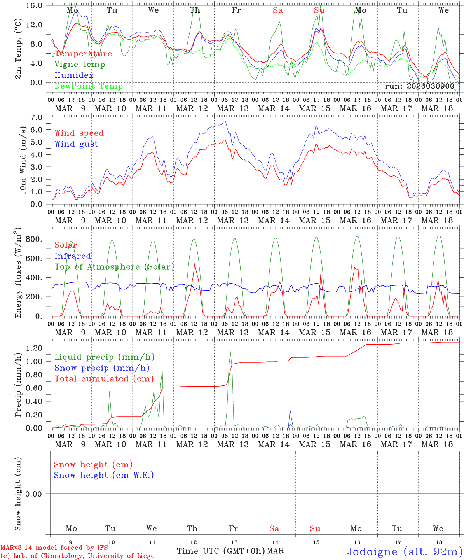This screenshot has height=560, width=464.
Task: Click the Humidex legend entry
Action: (x=74, y=75)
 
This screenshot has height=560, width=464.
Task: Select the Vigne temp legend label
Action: (x=80, y=64)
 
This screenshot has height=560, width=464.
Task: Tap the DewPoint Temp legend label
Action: (x=89, y=86)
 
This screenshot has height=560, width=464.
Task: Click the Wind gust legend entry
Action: (x=76, y=144)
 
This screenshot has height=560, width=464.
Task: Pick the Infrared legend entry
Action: (x=73, y=256)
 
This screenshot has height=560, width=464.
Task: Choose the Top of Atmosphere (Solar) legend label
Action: (x=114, y=267)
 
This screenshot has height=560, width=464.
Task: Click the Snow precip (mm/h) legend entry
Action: (x=102, y=368)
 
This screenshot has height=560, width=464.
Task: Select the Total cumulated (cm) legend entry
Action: (x=104, y=378)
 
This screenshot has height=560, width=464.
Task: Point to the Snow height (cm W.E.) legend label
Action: (x=104, y=475)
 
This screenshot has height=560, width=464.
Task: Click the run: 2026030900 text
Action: (x=419, y=86)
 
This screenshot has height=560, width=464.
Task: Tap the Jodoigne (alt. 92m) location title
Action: (x=405, y=551)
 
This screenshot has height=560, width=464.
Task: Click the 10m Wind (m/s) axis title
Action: (x=23, y=160)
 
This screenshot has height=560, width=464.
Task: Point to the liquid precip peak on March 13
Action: (x=230, y=352)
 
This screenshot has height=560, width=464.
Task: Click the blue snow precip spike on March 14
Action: (x=290, y=409)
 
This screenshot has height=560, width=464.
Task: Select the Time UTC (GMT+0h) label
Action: (x=221, y=551)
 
